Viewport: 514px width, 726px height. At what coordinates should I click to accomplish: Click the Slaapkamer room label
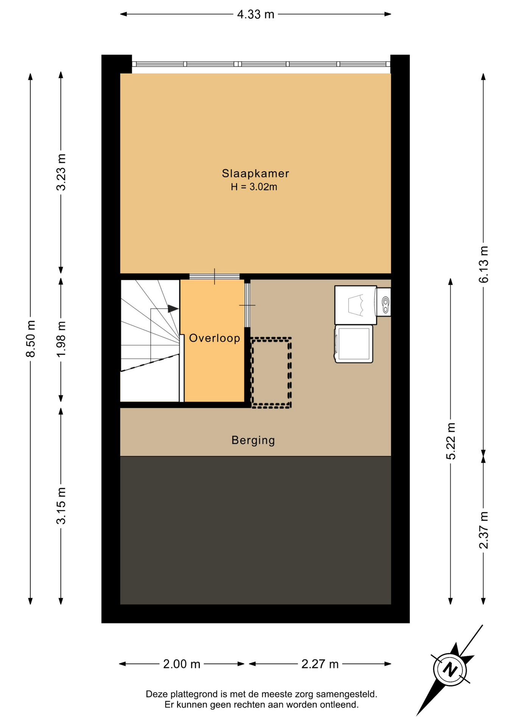point(255,174)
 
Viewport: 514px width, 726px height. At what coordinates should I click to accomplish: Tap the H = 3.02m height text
point(254,187)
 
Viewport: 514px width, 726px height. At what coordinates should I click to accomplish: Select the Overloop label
point(215,338)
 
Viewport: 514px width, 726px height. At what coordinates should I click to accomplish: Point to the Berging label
point(253,441)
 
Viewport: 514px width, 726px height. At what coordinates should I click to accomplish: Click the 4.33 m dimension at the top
point(255,14)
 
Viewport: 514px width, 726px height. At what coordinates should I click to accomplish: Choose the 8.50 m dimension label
point(30,338)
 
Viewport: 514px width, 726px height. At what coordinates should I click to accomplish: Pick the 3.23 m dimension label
point(61,172)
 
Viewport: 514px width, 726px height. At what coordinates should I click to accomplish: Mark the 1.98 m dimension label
point(61,339)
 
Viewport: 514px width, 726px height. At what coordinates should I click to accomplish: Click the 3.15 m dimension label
point(61,506)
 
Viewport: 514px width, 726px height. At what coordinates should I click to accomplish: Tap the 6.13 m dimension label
point(483,264)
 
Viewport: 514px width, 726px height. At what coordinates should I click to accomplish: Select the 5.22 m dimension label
point(450,441)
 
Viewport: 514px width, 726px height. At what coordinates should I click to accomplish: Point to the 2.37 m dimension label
point(483,530)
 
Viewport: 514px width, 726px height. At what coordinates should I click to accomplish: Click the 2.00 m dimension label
point(182,664)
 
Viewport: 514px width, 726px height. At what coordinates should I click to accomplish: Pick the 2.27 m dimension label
point(320,664)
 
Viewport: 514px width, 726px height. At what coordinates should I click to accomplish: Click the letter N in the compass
point(450,670)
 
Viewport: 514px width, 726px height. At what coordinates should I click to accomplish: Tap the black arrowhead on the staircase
point(173,309)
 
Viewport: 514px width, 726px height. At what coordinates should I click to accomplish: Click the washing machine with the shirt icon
point(355,305)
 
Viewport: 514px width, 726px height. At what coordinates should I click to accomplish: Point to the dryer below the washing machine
point(354,344)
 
